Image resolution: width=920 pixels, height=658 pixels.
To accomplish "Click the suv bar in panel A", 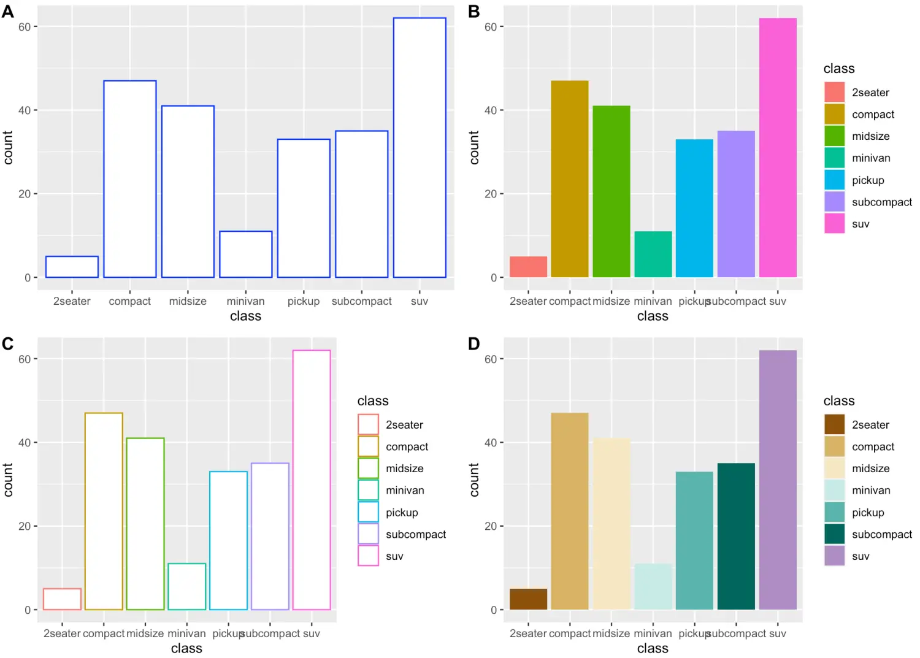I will [x=420, y=147].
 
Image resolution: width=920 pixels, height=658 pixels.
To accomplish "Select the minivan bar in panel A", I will [x=245, y=254].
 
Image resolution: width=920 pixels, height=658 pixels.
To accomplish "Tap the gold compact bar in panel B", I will [x=569, y=178].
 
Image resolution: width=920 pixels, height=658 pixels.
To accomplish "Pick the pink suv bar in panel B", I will [x=778, y=147].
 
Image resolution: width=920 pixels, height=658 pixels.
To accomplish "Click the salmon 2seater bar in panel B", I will [x=528, y=267].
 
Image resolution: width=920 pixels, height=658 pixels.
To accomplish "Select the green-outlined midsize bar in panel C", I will [x=145, y=524].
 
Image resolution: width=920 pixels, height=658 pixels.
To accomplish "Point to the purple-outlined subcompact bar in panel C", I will [x=270, y=536].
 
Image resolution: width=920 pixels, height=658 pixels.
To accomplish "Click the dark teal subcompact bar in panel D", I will [x=736, y=536].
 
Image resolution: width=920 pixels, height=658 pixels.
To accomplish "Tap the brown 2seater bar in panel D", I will [x=528, y=599].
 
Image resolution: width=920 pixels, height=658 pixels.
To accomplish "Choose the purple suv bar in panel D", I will [x=778, y=480].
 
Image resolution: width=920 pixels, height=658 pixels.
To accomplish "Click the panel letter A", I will [x=8, y=12].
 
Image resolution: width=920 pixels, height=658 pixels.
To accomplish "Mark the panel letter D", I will [x=473, y=344].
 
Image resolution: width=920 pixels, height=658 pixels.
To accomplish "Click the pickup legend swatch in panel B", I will [x=834, y=180].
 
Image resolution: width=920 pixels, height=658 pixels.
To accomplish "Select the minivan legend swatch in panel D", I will [x=834, y=491].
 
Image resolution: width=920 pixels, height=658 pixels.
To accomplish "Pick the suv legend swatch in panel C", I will [x=368, y=556].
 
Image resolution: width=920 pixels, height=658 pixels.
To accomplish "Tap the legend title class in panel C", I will [x=373, y=401].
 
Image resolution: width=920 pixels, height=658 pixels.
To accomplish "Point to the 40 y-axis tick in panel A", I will [x=25, y=110].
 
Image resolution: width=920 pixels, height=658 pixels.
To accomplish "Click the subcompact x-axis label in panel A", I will [x=361, y=301].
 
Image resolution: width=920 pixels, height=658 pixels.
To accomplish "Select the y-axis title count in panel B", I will [x=473, y=147].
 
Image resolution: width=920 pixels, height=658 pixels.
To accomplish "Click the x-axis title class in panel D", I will [x=653, y=648].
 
